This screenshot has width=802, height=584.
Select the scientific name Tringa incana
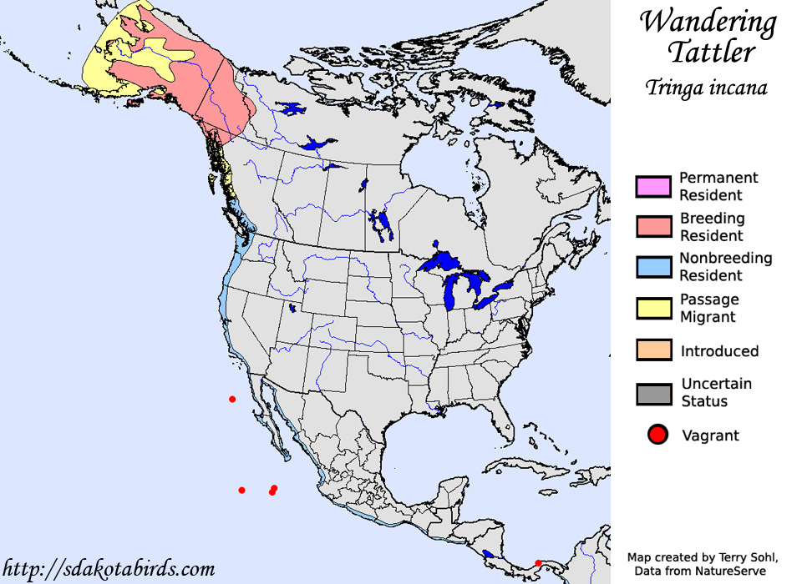[x=706, y=88]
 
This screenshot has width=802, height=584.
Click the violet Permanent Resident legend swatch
[x=653, y=186]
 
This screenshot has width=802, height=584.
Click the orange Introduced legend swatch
[x=653, y=350]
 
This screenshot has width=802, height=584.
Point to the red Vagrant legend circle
[x=658, y=435]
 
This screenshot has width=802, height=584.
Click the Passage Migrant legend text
[x=708, y=308]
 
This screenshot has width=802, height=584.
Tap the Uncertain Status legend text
[x=717, y=392]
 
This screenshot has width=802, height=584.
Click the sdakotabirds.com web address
[x=109, y=569]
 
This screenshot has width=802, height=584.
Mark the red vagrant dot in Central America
[x=538, y=562]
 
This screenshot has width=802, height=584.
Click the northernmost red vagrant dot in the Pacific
[x=232, y=399]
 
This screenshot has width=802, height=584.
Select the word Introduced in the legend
[x=719, y=350]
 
